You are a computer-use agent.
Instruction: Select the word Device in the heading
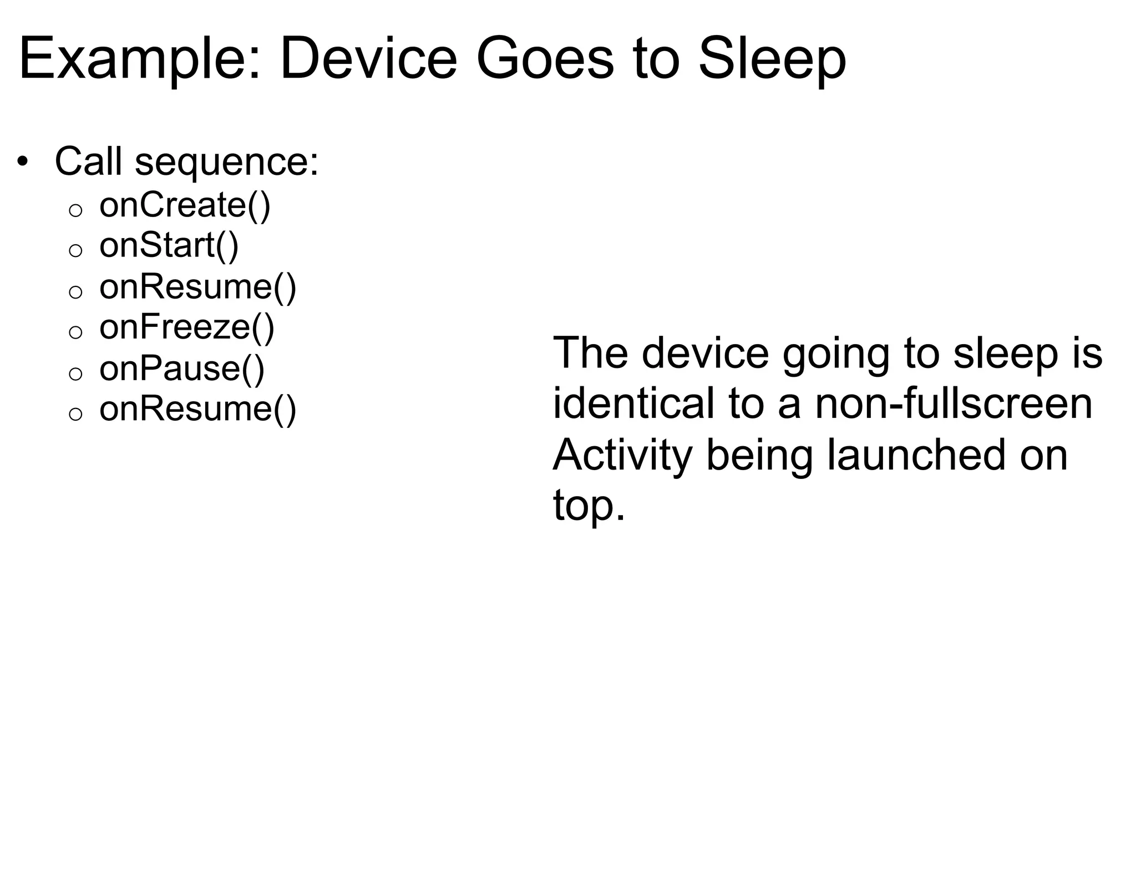click(368, 59)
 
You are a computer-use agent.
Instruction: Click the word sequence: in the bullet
click(227, 163)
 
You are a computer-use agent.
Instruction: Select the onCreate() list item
click(185, 205)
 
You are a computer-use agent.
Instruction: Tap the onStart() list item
click(169, 246)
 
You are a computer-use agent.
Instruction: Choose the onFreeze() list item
click(187, 327)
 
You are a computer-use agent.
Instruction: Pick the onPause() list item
click(182, 369)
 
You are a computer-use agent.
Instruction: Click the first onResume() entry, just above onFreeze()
click(197, 287)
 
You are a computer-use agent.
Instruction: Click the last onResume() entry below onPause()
click(197, 409)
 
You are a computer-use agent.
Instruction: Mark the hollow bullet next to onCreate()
click(75, 210)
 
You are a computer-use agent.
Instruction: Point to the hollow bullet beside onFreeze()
click(75, 332)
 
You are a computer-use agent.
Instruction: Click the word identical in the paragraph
click(633, 403)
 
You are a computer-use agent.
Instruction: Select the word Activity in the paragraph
click(622, 455)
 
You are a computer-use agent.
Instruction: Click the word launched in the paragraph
click(916, 455)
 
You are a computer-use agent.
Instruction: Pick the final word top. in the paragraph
click(589, 506)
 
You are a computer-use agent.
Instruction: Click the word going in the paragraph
click(836, 354)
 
